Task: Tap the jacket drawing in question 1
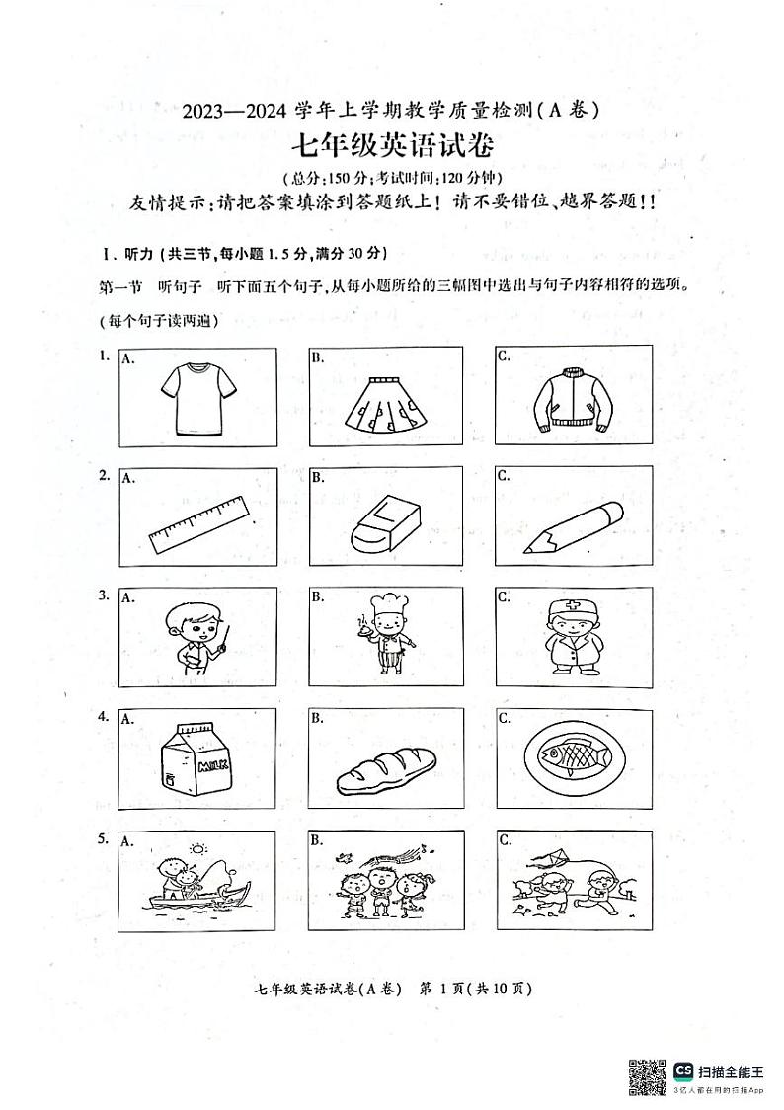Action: (x=574, y=398)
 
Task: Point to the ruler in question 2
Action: (x=197, y=523)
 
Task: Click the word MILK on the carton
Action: (x=211, y=766)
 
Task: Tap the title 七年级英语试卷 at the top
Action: (x=391, y=146)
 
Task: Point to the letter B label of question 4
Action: (x=317, y=718)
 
